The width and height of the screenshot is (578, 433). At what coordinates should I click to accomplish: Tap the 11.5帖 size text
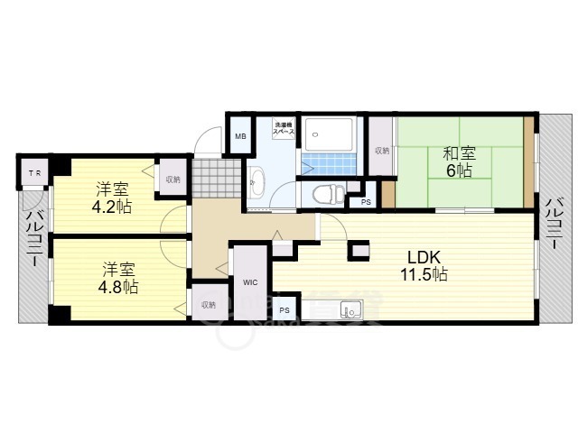pyautogui.click(x=427, y=273)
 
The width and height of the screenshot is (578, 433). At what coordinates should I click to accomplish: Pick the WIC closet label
pyautogui.click(x=250, y=282)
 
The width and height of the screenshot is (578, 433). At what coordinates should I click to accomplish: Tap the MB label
pyautogui.click(x=240, y=136)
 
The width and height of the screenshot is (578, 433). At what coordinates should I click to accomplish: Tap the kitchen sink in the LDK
pyautogui.click(x=350, y=312)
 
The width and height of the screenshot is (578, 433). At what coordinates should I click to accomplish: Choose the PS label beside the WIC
pyautogui.click(x=284, y=310)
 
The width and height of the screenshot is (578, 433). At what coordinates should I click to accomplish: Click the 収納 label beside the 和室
pyautogui.click(x=382, y=151)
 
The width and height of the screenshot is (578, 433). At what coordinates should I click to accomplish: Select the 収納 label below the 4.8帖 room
pyautogui.click(x=209, y=305)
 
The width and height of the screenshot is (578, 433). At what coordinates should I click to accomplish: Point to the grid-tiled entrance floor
pyautogui.click(x=218, y=174)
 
